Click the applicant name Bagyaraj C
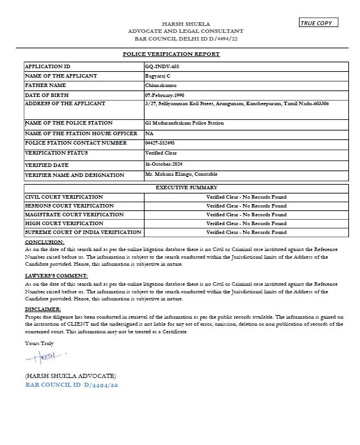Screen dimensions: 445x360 [x=158, y=76]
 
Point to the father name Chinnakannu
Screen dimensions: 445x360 [x=160, y=85]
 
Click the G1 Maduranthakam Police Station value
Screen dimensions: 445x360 [x=184, y=123]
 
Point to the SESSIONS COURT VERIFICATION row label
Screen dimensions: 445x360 [x=69, y=206]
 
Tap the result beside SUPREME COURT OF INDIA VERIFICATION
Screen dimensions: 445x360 [x=246, y=233]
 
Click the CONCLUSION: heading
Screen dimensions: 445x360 [x=45, y=242]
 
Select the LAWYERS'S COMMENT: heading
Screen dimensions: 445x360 [x=56, y=275]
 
